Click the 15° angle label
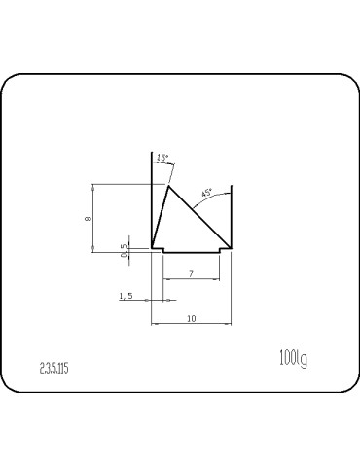pos(162,158)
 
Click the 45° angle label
pos(205,192)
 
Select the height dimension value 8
pos(89,218)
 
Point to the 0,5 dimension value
pos(124,251)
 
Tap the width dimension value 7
pos(191,275)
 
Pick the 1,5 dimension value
pos(125,295)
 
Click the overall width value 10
pos(191,318)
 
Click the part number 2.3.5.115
pos(54,368)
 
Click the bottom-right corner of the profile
pos(231,248)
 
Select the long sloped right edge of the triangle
pos(199,216)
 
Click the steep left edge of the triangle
pos(160,216)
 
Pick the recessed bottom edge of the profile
pos(191,253)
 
